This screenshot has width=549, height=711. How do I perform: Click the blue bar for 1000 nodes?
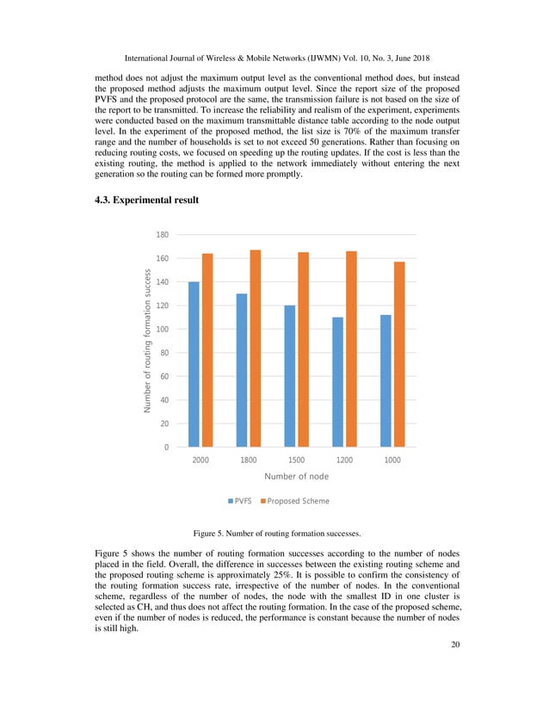click(386, 380)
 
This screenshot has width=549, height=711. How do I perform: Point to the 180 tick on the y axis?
click(162, 235)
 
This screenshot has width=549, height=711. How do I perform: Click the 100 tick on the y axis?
click(162, 330)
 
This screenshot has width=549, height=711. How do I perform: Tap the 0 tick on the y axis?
click(165, 448)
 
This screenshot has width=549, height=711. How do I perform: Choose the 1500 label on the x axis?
click(296, 461)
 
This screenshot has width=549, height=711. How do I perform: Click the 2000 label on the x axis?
click(200, 461)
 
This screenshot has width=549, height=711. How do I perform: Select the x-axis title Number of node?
click(296, 476)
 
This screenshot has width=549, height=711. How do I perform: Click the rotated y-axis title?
click(148, 341)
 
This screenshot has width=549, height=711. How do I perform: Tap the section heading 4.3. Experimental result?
click(146, 200)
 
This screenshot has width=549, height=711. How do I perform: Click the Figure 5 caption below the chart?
click(274, 533)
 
